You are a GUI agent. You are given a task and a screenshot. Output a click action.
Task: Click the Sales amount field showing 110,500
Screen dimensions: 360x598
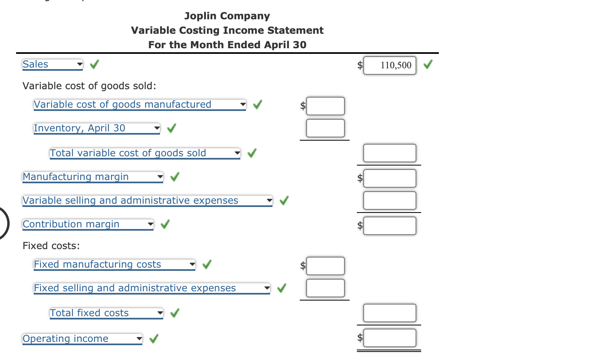(x=389, y=65)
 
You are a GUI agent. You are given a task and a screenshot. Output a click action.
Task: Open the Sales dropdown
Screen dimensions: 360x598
(x=53, y=64)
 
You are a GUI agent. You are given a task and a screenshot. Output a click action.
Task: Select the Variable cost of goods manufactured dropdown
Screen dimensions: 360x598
(x=139, y=104)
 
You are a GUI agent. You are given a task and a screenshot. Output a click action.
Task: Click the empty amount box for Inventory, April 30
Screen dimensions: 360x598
(x=325, y=128)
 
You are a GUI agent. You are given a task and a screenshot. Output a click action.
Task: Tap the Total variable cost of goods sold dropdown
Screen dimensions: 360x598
(x=145, y=153)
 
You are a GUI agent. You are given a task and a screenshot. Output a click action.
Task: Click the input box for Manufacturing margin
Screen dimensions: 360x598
(x=389, y=178)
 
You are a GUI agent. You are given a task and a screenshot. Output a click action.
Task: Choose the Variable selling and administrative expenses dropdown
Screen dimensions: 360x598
(x=147, y=200)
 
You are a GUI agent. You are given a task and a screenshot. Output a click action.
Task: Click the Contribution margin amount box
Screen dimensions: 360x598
(x=389, y=226)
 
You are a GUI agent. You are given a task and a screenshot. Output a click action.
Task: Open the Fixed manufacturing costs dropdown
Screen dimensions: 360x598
(x=114, y=264)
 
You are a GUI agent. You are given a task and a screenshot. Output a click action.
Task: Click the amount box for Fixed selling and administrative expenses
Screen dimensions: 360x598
(x=325, y=288)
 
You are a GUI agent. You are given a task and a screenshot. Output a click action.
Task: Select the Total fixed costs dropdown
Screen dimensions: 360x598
(x=106, y=313)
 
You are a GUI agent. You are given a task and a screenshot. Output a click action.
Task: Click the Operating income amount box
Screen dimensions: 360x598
(x=389, y=338)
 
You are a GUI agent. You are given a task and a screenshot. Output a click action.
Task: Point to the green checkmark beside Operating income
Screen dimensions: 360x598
(x=154, y=339)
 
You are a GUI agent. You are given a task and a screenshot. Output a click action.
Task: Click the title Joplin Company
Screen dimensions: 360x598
(x=227, y=16)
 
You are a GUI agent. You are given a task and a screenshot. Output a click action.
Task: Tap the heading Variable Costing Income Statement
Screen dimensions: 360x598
(x=227, y=31)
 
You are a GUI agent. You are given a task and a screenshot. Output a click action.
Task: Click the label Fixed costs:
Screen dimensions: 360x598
(x=51, y=246)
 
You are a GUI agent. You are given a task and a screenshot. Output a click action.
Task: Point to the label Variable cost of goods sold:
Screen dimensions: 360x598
(x=89, y=86)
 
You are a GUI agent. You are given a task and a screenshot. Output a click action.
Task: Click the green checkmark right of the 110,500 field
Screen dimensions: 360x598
(x=428, y=64)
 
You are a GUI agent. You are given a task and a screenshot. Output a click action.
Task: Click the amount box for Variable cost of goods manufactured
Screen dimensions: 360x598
(x=325, y=106)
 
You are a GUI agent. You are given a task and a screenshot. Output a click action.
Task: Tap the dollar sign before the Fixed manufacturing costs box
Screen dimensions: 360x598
(x=303, y=266)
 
